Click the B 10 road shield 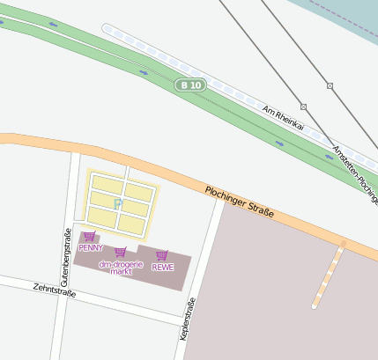tap(189, 85)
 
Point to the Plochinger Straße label tap(240, 202)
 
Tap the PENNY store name tap(91, 247)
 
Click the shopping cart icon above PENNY tap(89, 236)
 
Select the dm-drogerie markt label tap(121, 268)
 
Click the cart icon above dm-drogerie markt tap(120, 253)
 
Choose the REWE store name tap(163, 266)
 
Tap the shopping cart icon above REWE tap(162, 255)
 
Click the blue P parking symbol tap(118, 204)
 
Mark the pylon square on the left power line tap(303, 106)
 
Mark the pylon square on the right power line tap(330, 85)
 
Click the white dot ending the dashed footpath tap(314, 307)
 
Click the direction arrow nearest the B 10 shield tap(144, 72)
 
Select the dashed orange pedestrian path tap(328, 275)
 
